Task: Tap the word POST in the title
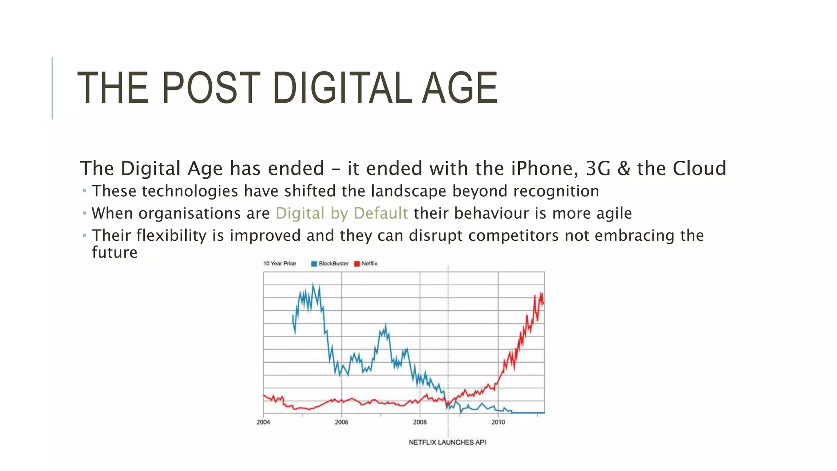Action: (x=211, y=87)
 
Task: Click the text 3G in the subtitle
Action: (x=598, y=168)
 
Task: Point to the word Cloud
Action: (x=699, y=168)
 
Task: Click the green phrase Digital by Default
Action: (x=341, y=213)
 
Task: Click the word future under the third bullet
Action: (x=114, y=253)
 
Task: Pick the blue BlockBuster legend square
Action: (x=314, y=264)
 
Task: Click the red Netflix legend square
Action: (x=357, y=264)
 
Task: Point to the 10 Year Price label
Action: (x=280, y=264)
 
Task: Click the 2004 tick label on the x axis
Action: (x=263, y=422)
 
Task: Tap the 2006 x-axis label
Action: (x=341, y=422)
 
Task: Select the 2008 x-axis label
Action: (x=420, y=422)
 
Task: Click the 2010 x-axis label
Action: (x=498, y=422)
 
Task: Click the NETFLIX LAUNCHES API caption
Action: (x=447, y=442)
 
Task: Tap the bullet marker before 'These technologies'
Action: (x=84, y=191)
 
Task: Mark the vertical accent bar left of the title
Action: (x=52, y=88)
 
